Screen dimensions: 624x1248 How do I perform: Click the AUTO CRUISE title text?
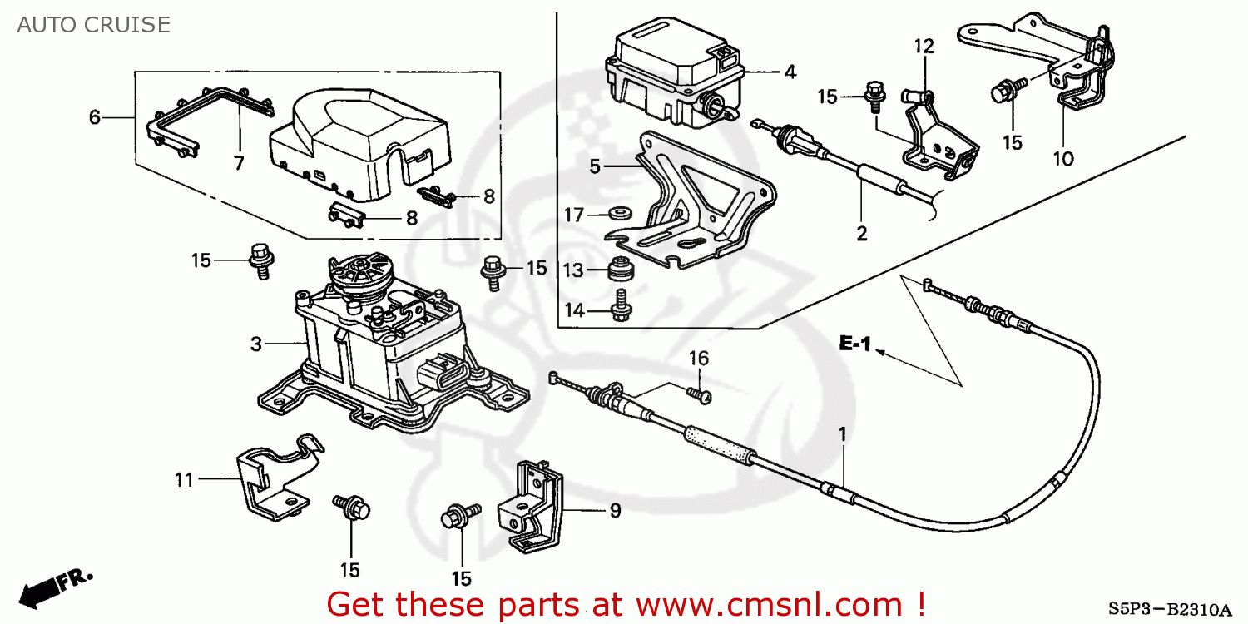point(93,25)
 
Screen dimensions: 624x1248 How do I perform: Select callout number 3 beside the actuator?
point(256,343)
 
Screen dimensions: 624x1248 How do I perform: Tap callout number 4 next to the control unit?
point(790,72)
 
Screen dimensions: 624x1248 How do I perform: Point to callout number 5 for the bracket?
point(595,166)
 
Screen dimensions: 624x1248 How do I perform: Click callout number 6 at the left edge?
point(95,118)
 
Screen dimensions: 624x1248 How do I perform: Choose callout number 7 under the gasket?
point(239,163)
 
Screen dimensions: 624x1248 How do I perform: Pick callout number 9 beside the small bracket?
point(615,510)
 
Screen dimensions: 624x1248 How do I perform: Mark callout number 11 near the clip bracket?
point(184,479)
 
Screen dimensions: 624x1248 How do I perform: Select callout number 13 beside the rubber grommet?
point(574,270)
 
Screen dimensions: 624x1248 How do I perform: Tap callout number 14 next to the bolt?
point(574,311)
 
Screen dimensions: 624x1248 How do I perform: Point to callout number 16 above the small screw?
point(699,359)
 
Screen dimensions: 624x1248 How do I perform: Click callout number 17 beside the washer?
point(574,215)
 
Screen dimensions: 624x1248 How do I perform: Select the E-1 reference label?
point(854,343)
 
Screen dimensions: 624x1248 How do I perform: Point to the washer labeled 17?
point(619,212)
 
